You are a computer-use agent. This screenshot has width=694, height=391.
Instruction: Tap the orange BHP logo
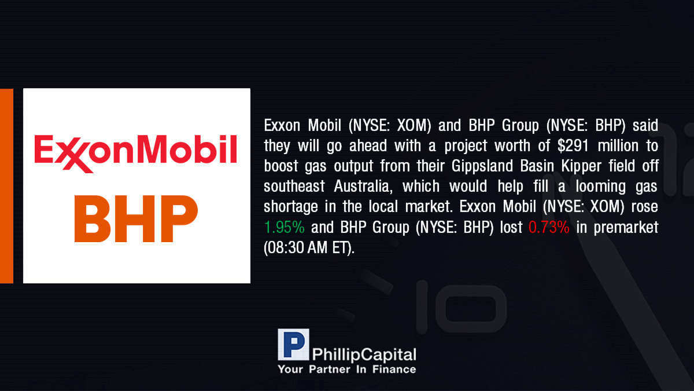tap(136, 218)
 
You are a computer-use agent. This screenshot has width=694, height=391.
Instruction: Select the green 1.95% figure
tap(285, 227)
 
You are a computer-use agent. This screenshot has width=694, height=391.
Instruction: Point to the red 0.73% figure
tap(549, 227)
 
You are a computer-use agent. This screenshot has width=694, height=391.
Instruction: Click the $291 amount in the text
tap(573, 145)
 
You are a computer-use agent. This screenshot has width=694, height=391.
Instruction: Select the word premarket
tap(626, 228)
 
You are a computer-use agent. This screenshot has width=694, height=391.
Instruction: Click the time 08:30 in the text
tap(285, 248)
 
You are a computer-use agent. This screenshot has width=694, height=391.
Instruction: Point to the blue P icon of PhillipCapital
tap(293, 345)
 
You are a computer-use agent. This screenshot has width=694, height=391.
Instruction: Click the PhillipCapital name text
tap(364, 355)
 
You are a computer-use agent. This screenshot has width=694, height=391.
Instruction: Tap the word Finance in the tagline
tap(394, 370)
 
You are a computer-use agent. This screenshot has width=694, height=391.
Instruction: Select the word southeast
tap(294, 187)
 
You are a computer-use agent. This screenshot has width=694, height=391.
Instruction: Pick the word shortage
tap(291, 207)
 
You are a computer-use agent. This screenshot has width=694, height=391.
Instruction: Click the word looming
tap(601, 187)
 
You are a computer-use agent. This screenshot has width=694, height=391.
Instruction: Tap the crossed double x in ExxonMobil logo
tap(74, 155)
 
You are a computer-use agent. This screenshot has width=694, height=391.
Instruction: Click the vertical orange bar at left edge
tap(6, 186)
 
